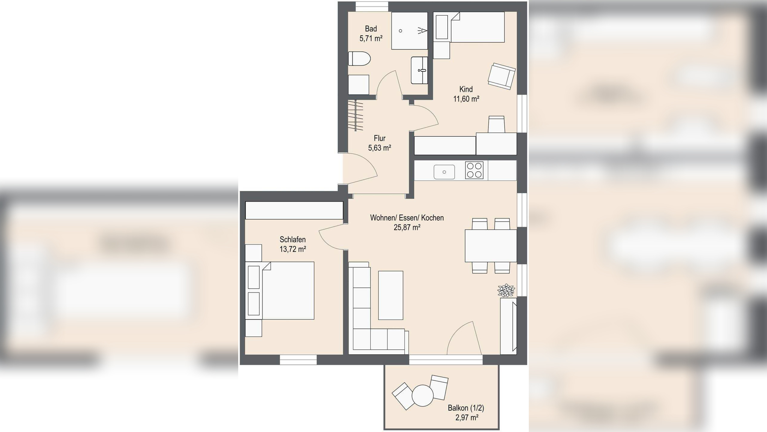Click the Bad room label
point(371,29)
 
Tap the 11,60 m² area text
point(466,99)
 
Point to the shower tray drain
point(401,31)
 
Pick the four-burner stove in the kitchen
point(474,170)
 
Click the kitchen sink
point(444,172)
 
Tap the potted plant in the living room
point(506,290)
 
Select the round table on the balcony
point(422,396)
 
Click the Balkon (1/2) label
point(466,408)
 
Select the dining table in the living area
point(491,246)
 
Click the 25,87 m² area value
point(407,227)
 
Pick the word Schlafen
point(293,239)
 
